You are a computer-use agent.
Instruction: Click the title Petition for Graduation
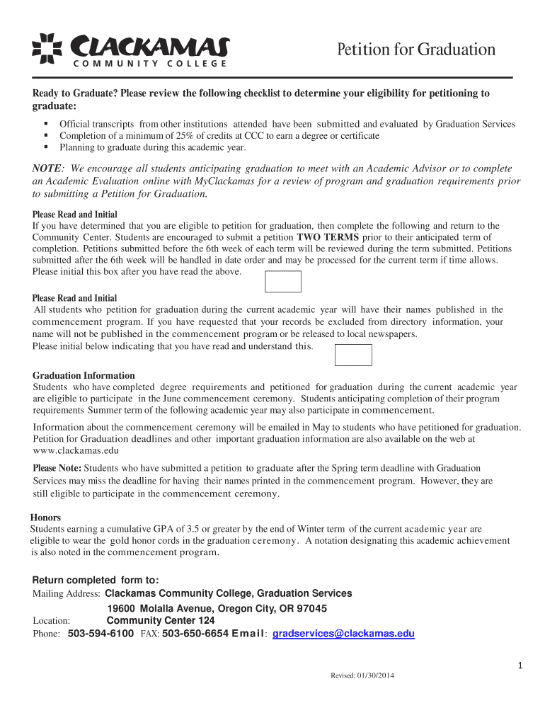point(415,50)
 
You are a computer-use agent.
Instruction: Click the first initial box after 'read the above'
point(282,281)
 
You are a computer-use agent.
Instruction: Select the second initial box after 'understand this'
point(352,355)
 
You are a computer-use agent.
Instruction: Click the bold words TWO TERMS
point(328,237)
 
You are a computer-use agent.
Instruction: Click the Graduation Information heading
point(84,375)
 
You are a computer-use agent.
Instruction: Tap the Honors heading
point(45,518)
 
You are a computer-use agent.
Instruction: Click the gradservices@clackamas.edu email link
point(343,634)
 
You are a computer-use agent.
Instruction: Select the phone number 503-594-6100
point(101,634)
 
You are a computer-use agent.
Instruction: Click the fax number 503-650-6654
point(195,634)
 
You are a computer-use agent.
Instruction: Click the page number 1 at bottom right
point(520,666)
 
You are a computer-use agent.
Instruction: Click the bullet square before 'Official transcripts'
point(45,124)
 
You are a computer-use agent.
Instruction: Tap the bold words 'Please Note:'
point(57,468)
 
